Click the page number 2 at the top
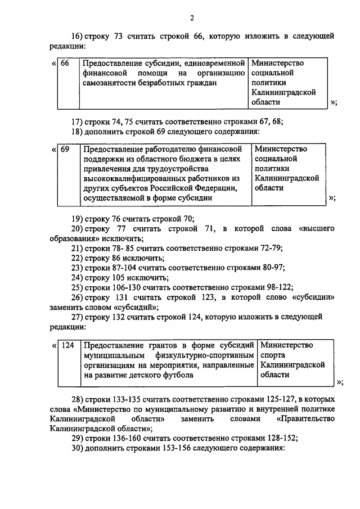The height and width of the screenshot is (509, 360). click(x=192, y=19)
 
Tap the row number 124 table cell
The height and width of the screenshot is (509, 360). click(x=67, y=345)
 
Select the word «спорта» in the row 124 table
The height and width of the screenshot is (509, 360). click(x=273, y=355)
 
